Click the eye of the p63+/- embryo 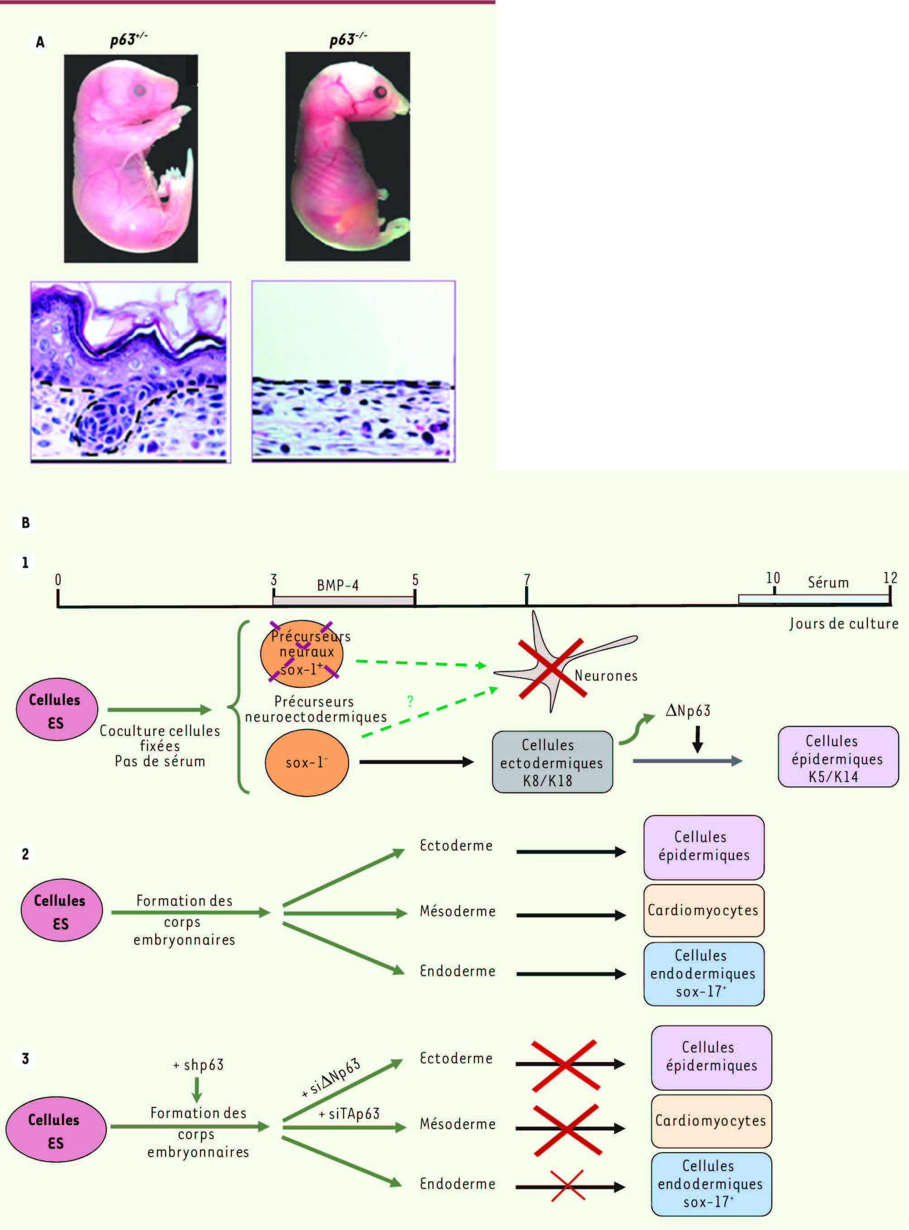(140, 90)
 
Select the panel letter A (40, 42)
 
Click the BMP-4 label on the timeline (338, 585)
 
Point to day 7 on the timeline (527, 580)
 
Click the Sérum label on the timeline (828, 582)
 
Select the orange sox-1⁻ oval (307, 763)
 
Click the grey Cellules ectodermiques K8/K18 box (552, 762)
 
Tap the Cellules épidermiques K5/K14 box (838, 757)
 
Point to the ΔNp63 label (688, 711)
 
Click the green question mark (410, 701)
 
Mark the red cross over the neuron (551, 668)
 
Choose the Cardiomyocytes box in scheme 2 (704, 911)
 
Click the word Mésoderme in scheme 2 (458, 911)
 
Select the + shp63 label (199, 1065)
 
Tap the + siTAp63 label (349, 1114)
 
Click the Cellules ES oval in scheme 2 (62, 911)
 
